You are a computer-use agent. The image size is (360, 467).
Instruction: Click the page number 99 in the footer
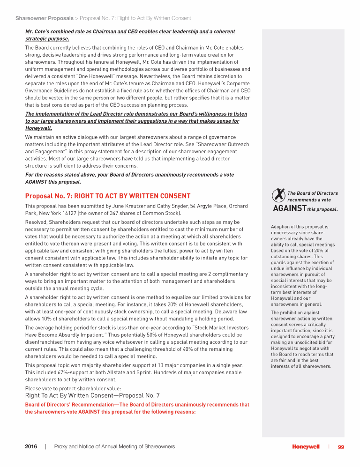pyautogui.click(x=341, y=447)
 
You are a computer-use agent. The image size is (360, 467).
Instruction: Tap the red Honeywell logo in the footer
pyautogui.click(x=306, y=447)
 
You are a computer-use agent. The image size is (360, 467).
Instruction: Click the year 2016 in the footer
pyautogui.click(x=31, y=447)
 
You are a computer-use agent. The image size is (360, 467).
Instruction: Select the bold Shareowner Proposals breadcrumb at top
pyautogui.click(x=44, y=18)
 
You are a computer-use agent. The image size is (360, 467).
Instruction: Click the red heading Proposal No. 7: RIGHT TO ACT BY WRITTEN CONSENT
pyautogui.click(x=107, y=196)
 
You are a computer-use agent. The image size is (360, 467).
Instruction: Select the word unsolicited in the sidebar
pyautogui.click(x=300, y=342)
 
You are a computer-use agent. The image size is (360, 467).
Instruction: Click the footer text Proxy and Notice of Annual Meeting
pyautogui.click(x=114, y=447)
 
